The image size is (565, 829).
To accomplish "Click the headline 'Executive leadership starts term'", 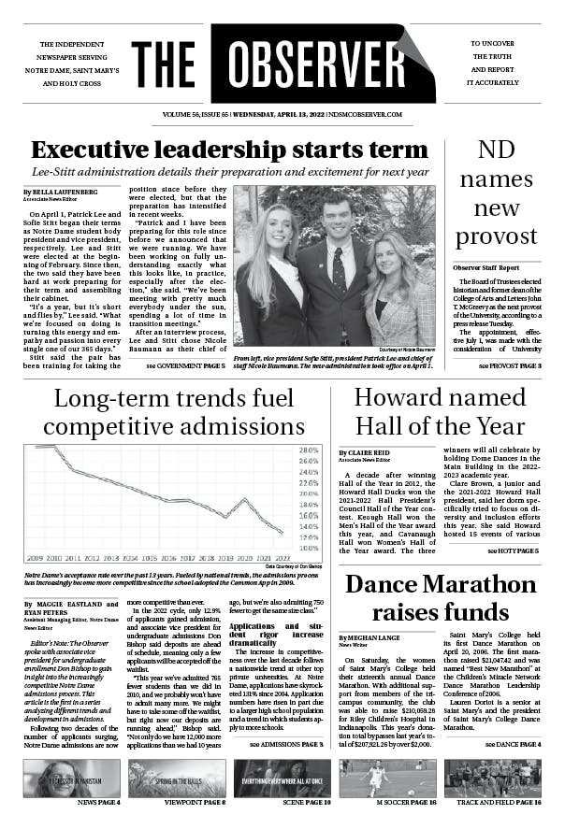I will (229, 150).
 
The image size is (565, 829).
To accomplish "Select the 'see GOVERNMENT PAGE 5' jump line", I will (185, 366).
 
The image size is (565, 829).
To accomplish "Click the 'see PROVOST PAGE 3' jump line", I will (503, 365).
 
